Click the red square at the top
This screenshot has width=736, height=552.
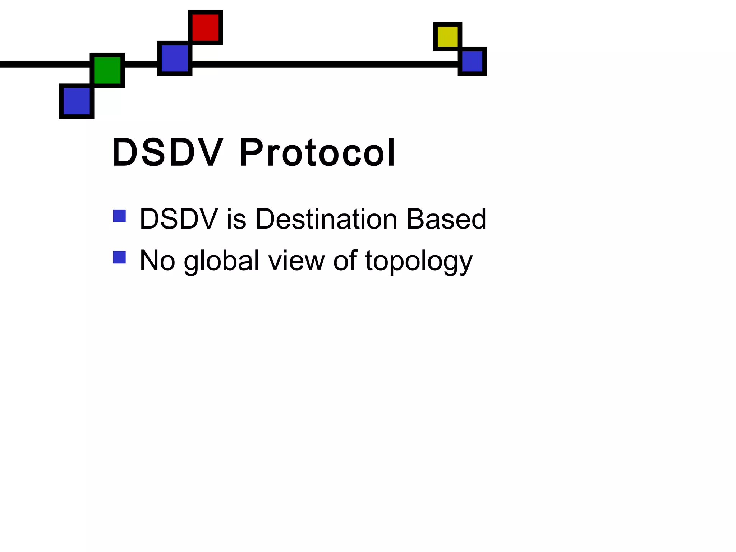click(206, 28)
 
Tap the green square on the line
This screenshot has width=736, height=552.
click(107, 70)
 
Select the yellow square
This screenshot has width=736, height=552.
click(447, 37)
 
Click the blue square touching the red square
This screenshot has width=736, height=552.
click(175, 58)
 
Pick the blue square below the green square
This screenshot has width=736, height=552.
click(77, 101)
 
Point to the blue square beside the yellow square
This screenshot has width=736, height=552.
click(472, 61)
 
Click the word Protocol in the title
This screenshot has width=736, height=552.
click(317, 152)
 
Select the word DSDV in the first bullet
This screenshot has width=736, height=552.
click(179, 219)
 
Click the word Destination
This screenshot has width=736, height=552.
click(326, 219)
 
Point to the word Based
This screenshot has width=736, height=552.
click(446, 219)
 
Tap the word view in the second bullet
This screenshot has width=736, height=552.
click(296, 261)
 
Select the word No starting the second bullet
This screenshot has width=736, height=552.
click(157, 261)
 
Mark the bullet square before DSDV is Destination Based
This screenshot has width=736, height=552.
click(119, 216)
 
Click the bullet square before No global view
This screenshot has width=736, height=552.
click(119, 257)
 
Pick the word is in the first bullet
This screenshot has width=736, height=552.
click(236, 219)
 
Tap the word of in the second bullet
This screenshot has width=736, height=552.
click(345, 261)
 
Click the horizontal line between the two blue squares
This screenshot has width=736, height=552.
click(323, 64)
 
